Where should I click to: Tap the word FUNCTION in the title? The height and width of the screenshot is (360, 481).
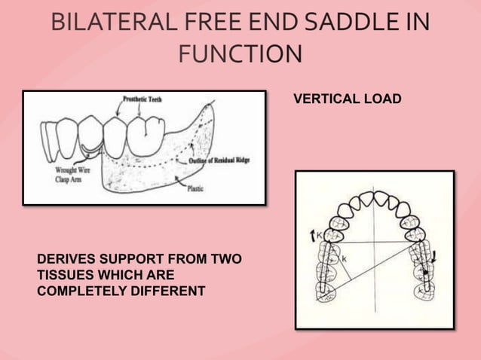tap(240, 53)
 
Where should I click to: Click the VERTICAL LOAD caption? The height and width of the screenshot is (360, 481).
tap(347, 99)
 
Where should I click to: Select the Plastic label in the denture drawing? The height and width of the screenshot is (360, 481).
tap(195, 189)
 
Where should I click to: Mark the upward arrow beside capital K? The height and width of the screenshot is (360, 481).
tap(311, 236)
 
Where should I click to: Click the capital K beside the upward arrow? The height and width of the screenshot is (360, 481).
tap(320, 236)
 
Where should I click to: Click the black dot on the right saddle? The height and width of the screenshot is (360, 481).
tap(426, 271)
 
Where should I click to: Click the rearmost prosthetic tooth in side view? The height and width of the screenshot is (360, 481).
tap(141, 135)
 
